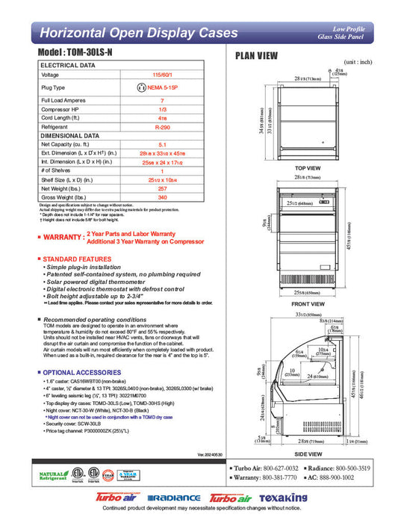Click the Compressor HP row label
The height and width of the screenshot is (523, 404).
pos(61,109)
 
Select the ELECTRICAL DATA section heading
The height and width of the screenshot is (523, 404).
pos(68,66)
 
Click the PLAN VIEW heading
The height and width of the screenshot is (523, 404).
pos(257,55)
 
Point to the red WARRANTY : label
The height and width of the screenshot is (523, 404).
pos(61,237)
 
